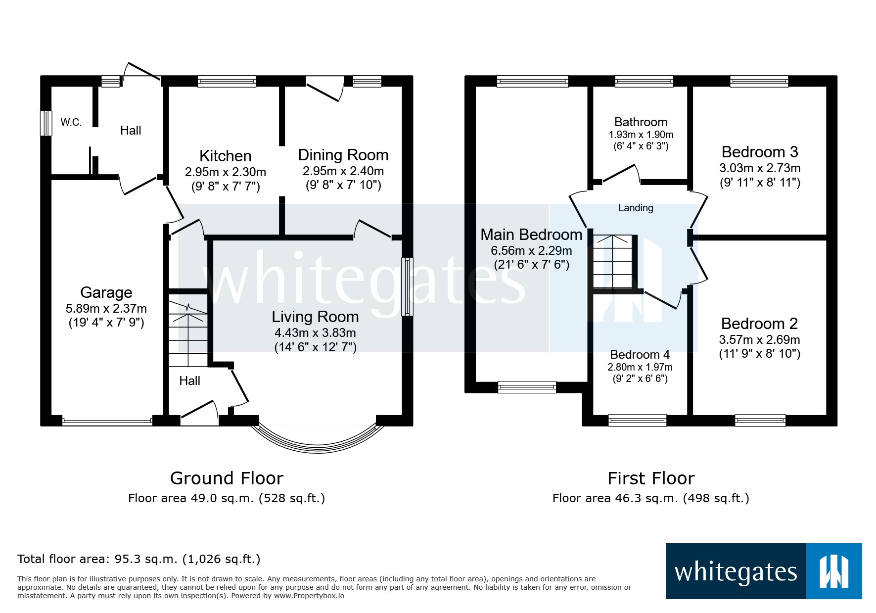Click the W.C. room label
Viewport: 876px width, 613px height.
71,122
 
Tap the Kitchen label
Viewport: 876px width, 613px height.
225,156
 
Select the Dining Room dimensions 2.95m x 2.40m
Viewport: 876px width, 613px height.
343,171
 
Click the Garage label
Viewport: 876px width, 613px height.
106,292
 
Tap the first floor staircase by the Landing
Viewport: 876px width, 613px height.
613,262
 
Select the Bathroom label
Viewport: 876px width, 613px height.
641,122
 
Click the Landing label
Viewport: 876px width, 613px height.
636,208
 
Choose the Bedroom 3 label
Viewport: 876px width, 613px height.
759,152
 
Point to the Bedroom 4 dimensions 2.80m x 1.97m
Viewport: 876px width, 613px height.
640,367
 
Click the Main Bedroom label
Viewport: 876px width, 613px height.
531,235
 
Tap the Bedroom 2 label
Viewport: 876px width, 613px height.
759,324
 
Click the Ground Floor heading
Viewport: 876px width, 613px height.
227,478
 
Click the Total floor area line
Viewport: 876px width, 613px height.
138,559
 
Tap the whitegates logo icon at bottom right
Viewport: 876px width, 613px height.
834,571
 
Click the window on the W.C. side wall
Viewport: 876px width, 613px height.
46,123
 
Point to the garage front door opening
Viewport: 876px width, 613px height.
107,422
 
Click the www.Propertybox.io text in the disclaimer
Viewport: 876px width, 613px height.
309,596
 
